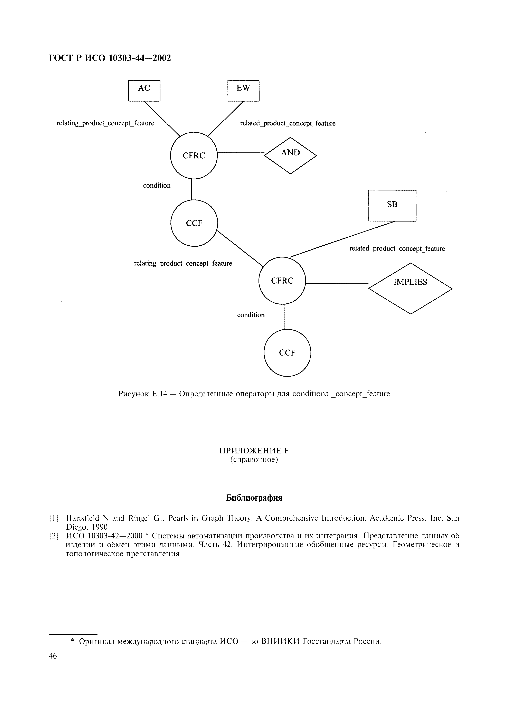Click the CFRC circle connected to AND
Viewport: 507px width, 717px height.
coord(194,155)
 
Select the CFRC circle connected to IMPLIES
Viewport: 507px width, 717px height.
coord(282,280)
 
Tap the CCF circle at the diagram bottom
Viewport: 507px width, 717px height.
coord(287,353)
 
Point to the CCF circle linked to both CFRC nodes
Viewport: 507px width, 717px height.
coord(194,223)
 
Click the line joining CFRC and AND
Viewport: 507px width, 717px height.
coord(241,153)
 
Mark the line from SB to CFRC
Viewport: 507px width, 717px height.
coord(342,239)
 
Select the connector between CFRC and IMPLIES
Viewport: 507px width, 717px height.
coord(337,284)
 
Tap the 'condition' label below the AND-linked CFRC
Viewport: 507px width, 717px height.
coord(157,186)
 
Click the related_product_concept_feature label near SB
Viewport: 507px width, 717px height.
coord(397,249)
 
